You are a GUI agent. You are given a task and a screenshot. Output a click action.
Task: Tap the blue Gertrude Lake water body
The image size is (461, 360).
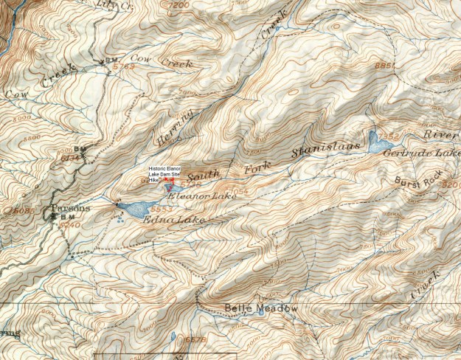[375, 142]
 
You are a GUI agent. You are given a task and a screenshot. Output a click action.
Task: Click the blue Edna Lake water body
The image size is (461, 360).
[133, 210]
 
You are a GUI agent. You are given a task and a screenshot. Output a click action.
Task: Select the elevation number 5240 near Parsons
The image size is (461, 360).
[71, 224]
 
